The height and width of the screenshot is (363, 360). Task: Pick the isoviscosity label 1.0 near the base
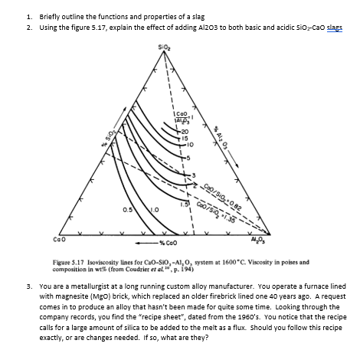pos(143,208)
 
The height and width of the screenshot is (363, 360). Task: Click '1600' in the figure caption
pos(228,261)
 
